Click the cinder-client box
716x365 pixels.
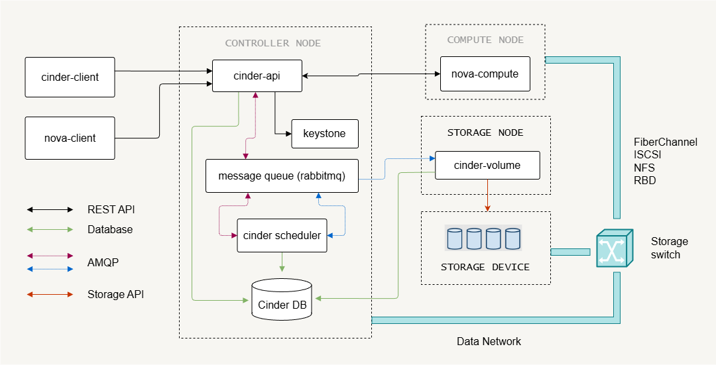(70, 77)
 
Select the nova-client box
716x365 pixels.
(70, 138)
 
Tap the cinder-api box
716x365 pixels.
(257, 76)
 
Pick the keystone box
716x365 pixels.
(324, 134)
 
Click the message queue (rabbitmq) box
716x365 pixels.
(282, 176)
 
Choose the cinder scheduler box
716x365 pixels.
(282, 235)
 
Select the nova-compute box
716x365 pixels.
(485, 74)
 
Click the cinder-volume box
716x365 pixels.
(487, 165)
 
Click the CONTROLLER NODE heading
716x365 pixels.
(272, 43)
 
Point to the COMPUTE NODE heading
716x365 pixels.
(485, 40)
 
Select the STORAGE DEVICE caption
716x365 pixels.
(485, 267)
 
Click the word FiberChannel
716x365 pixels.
(666, 142)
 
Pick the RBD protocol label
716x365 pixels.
(644, 180)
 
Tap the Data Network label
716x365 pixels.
(489, 342)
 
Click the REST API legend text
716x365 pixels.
(111, 209)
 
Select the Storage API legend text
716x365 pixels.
(115, 294)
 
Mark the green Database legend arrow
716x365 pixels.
(50, 230)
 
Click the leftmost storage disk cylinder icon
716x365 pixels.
(455, 238)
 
